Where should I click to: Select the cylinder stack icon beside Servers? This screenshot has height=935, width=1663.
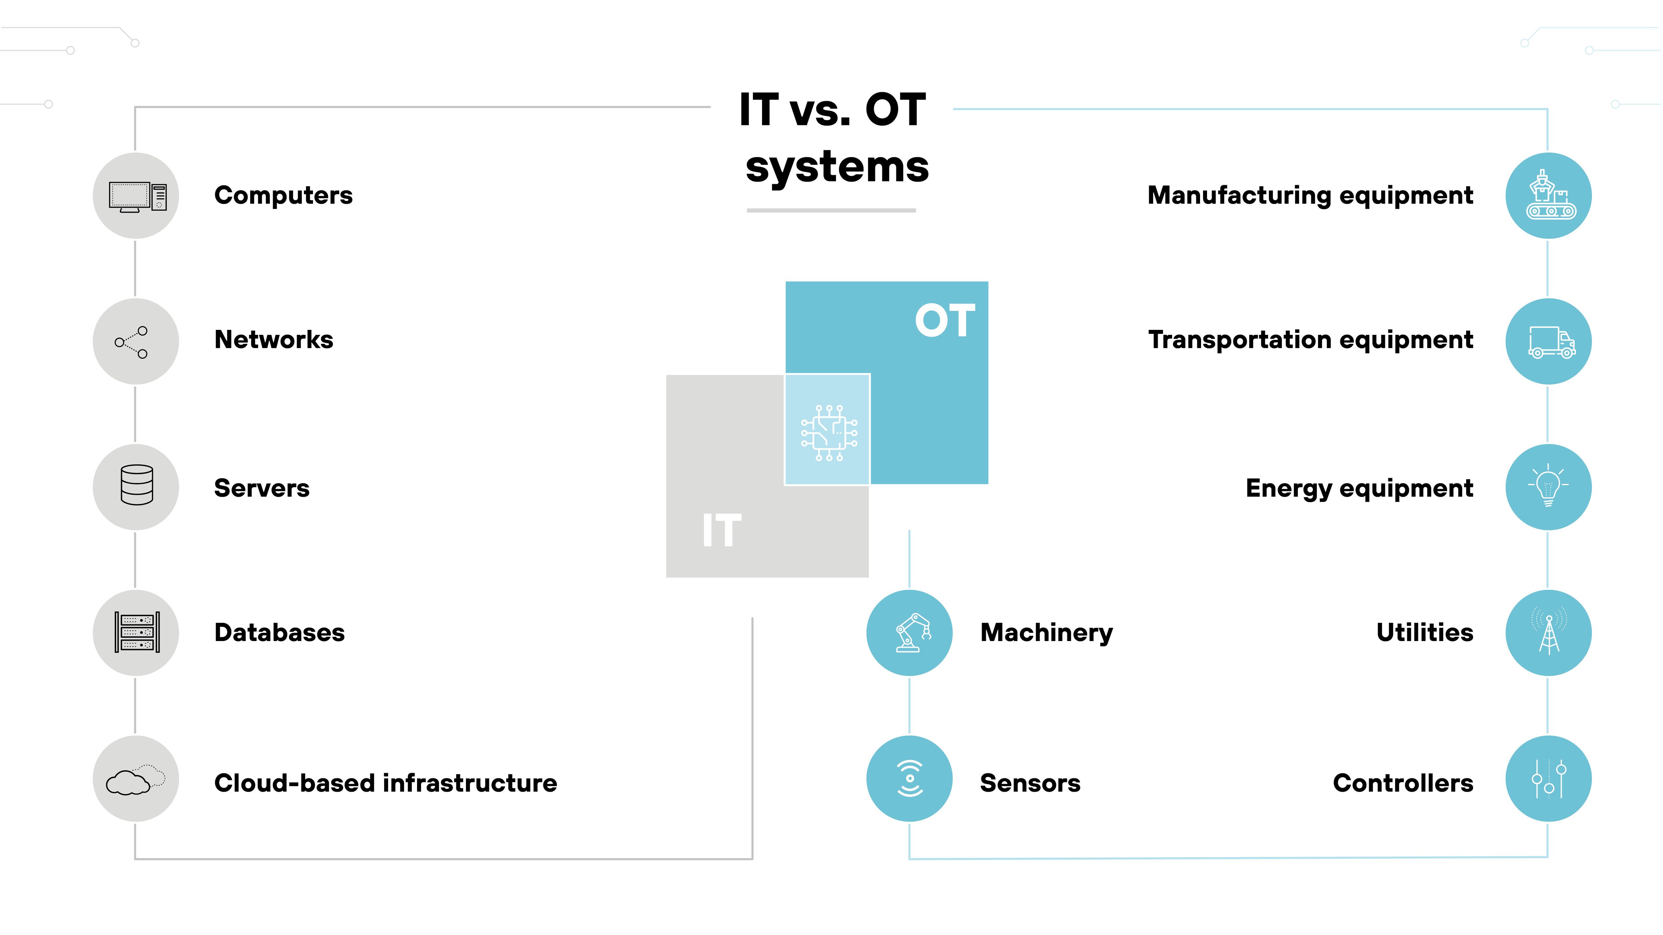coord(137,485)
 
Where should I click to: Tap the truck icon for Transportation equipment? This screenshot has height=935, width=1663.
coord(1551,342)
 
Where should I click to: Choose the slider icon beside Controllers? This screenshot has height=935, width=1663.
coord(1549,779)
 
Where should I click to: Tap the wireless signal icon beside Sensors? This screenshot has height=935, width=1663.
coord(910,779)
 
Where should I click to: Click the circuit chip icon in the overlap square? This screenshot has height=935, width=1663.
coord(829,432)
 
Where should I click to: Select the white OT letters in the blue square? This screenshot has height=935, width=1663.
coord(945,321)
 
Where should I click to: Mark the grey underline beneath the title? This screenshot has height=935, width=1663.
coord(831,210)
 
